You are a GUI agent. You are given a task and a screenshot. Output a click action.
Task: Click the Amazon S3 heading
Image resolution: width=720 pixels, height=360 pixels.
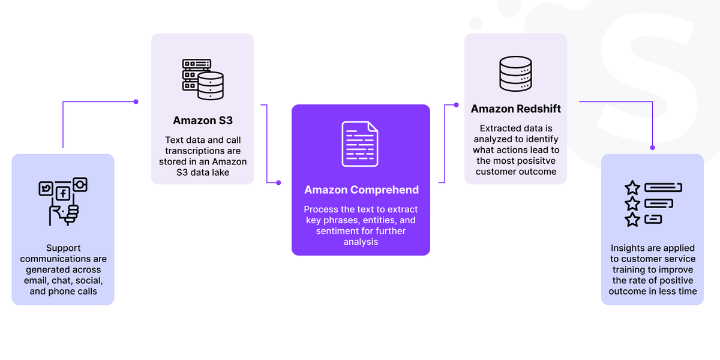[x=203, y=121]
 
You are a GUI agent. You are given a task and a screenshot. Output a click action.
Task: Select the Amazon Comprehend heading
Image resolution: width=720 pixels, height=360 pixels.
[x=361, y=190]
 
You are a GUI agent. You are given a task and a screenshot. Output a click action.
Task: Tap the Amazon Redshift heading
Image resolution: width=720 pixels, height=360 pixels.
[x=515, y=109]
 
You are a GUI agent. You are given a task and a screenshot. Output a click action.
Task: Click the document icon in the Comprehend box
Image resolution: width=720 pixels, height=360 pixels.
[x=359, y=144]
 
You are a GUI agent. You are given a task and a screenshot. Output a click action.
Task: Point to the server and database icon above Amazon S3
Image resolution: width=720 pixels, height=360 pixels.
[x=203, y=79]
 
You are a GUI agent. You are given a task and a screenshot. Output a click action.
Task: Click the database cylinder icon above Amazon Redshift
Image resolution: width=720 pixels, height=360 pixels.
[x=515, y=74]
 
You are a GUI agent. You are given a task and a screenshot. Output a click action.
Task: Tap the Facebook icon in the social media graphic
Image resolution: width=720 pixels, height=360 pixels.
[x=63, y=193]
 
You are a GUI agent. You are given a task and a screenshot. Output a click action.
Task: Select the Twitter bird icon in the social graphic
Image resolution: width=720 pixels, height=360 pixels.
[x=46, y=188]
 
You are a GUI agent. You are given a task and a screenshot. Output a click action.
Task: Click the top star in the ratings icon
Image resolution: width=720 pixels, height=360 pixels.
[x=632, y=188]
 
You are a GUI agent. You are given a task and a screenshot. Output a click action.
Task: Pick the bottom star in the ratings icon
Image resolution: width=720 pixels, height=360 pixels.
[x=632, y=220]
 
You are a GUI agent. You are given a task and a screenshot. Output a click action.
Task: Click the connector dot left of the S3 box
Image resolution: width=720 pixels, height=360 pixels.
[x=136, y=101]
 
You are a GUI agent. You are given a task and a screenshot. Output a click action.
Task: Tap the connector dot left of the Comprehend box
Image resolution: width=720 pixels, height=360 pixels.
[x=278, y=182]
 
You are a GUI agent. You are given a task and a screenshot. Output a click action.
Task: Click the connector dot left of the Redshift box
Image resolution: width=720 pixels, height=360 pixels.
[x=456, y=105]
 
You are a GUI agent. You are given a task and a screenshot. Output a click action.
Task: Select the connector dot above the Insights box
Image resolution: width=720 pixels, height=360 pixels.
[x=653, y=148]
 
